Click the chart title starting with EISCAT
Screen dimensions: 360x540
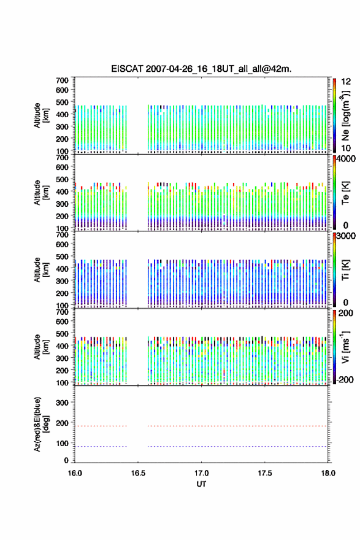pyautogui.click(x=201, y=69)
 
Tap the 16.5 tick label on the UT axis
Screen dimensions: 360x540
pyautogui.click(x=138, y=473)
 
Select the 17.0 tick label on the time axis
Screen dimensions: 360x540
pyautogui.click(x=201, y=473)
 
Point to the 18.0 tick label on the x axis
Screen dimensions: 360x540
pyautogui.click(x=328, y=473)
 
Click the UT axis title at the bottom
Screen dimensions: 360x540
pyautogui.click(x=201, y=484)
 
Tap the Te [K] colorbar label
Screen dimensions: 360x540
pyautogui.click(x=345, y=193)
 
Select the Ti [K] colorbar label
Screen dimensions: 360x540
pyautogui.click(x=345, y=270)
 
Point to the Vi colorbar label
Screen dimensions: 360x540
pyautogui.click(x=345, y=347)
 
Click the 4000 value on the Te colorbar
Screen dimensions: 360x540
pyautogui.click(x=346, y=159)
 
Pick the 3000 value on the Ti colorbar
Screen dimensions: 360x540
pyautogui.click(x=346, y=236)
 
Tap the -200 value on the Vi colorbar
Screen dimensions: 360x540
pyautogui.click(x=345, y=379)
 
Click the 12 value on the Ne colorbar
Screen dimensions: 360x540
pyautogui.click(x=346, y=82)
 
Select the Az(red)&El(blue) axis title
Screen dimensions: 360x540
pyautogui.click(x=40, y=424)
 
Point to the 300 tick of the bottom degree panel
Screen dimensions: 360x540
pyautogui.click(x=62, y=403)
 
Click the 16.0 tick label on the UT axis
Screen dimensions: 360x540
pyautogui.click(x=75, y=473)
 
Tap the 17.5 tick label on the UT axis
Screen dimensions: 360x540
pyautogui.click(x=265, y=473)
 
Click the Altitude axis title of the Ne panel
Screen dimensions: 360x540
pyautogui.click(x=41, y=115)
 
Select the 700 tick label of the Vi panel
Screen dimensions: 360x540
pyautogui.click(x=62, y=312)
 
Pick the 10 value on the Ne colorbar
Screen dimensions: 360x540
pyautogui.click(x=346, y=148)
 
